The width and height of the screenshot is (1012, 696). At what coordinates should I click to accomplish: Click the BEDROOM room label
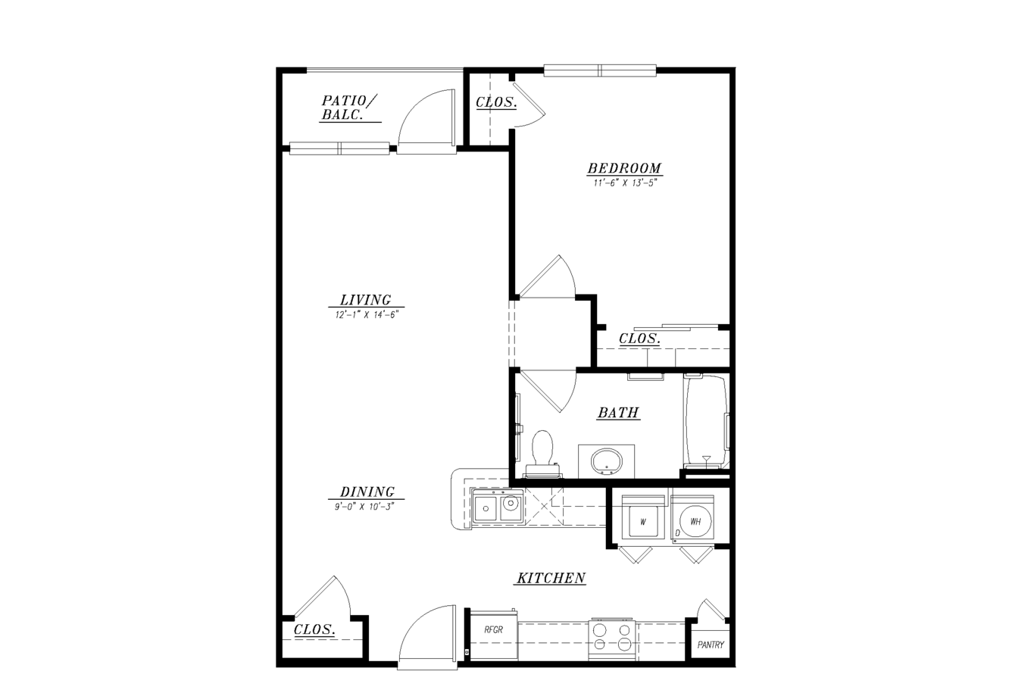(624, 168)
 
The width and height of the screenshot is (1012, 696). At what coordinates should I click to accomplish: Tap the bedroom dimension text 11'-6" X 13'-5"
(624, 183)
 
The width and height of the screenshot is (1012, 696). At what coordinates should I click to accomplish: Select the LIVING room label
(366, 300)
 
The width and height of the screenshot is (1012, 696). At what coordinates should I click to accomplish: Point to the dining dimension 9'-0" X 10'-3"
(364, 507)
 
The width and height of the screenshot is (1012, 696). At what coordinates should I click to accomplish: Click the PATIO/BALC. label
(348, 108)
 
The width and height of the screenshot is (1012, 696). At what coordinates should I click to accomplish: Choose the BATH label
(618, 412)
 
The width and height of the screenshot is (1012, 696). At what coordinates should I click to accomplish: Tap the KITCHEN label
(551, 578)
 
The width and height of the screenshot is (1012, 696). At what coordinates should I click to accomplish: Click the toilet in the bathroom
(542, 454)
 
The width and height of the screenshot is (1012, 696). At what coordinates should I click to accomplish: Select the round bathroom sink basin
(607, 461)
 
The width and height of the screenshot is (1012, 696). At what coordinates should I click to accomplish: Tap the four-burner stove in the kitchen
(612, 639)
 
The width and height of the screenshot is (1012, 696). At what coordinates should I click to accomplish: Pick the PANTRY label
(711, 645)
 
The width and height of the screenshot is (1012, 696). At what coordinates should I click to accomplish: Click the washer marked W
(643, 522)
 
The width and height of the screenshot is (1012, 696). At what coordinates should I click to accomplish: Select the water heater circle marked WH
(695, 521)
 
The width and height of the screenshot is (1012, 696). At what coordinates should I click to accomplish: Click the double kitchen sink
(497, 509)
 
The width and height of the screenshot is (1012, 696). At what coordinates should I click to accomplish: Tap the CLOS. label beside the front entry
(314, 629)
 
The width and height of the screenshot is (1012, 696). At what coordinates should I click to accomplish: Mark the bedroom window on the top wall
(600, 70)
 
